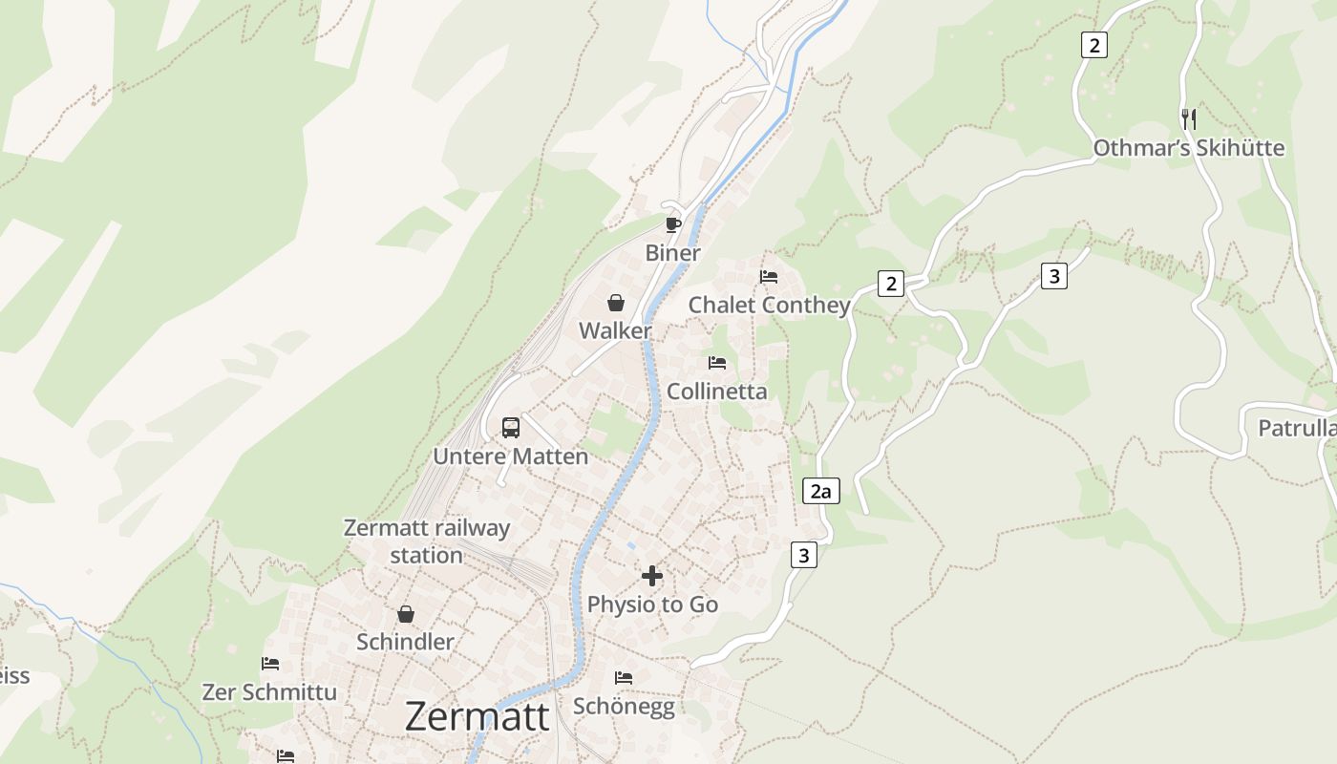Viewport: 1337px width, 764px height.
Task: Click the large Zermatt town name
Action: (x=477, y=716)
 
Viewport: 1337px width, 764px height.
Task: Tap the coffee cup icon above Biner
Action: (x=673, y=224)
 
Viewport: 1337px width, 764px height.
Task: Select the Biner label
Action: (x=673, y=253)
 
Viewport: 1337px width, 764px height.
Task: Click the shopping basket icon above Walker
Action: (x=616, y=303)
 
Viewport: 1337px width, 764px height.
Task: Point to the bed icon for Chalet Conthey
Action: (x=769, y=277)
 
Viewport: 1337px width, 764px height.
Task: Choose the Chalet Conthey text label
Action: (x=770, y=305)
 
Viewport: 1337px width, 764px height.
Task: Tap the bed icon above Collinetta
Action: (x=717, y=363)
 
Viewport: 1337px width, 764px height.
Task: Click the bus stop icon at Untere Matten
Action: (x=511, y=427)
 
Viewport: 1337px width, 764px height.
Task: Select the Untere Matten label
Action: (x=511, y=456)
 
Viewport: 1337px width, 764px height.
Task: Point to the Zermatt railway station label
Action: (x=427, y=541)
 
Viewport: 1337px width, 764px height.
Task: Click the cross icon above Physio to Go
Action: (x=652, y=576)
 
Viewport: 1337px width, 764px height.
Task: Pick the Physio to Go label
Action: (x=652, y=605)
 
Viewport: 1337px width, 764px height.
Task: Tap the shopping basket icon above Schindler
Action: (x=406, y=614)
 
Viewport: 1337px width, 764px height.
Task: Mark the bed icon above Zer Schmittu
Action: (x=270, y=664)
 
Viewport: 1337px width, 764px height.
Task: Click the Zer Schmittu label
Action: (x=270, y=691)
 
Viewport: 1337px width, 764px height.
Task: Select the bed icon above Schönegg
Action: (x=624, y=678)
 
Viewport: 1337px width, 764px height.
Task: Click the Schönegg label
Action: (x=624, y=707)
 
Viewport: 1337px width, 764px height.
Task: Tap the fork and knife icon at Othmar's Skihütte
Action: (x=1189, y=119)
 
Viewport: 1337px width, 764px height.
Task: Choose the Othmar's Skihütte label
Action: (x=1189, y=148)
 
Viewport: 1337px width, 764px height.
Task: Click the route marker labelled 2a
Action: (x=820, y=492)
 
